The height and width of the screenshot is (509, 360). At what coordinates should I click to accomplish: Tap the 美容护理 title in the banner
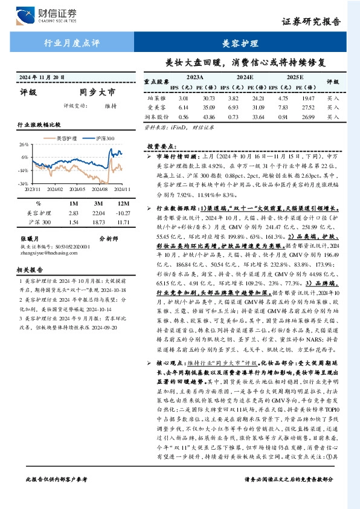240,44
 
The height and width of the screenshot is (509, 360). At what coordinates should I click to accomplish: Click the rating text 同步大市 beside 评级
97,92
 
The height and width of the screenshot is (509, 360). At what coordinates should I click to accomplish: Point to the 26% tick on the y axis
24,145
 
